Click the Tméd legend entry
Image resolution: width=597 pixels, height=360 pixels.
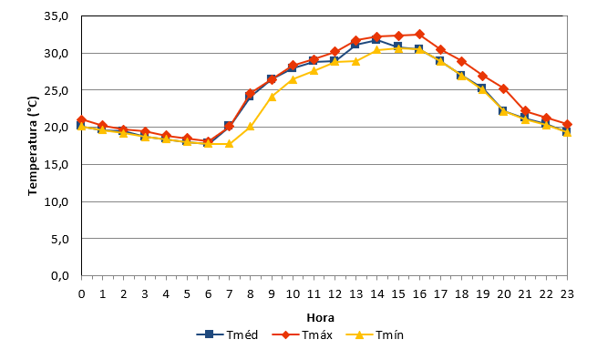(x=227, y=334)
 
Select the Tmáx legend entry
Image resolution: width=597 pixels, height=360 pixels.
(x=303, y=334)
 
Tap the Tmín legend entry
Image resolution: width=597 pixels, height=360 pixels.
(x=375, y=334)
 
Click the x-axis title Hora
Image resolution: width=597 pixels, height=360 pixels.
(x=321, y=317)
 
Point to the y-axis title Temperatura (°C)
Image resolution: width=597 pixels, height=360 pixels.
(x=33, y=146)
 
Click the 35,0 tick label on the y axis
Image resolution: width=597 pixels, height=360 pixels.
(x=57, y=16)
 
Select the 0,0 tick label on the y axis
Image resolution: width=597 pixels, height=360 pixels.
(x=60, y=275)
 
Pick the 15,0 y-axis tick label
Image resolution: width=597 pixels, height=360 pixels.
(x=57, y=164)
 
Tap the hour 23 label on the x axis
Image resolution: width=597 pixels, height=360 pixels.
(x=567, y=293)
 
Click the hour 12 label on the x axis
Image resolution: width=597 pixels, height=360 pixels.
(x=335, y=293)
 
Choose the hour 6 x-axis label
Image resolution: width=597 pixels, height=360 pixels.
(x=208, y=293)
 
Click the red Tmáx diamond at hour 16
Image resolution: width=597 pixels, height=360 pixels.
(x=419, y=35)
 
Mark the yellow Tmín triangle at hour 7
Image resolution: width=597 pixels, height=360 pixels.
(x=229, y=143)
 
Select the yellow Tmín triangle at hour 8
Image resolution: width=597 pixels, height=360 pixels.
(x=250, y=127)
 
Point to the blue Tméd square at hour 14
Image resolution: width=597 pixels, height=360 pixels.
(x=377, y=39)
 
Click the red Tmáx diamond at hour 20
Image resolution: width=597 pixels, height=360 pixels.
(x=504, y=88)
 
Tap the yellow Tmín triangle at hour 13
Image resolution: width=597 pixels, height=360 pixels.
(x=356, y=61)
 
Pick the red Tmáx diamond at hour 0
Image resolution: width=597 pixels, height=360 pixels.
(x=81, y=120)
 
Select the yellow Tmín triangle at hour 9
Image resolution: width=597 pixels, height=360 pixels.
(x=272, y=97)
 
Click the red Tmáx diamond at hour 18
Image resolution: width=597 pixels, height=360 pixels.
(x=462, y=61)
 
